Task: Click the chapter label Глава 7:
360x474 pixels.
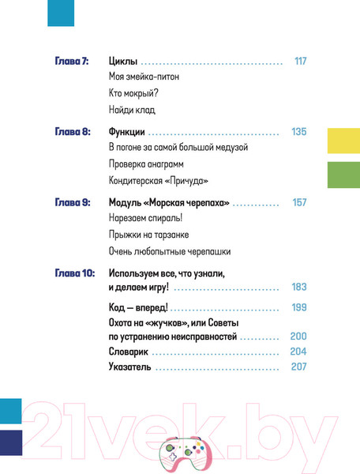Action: click(72, 61)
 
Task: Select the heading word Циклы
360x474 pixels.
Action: click(122, 61)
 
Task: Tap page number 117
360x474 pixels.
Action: click(299, 61)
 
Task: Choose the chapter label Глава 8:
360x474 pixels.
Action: click(72, 132)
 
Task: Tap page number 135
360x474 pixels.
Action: click(298, 132)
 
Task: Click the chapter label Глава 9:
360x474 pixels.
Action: click(72, 203)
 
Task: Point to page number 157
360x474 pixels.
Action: click(298, 203)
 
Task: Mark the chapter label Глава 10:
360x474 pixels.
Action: click(74, 273)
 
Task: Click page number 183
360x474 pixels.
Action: click(298, 288)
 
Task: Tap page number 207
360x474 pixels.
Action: click(298, 367)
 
